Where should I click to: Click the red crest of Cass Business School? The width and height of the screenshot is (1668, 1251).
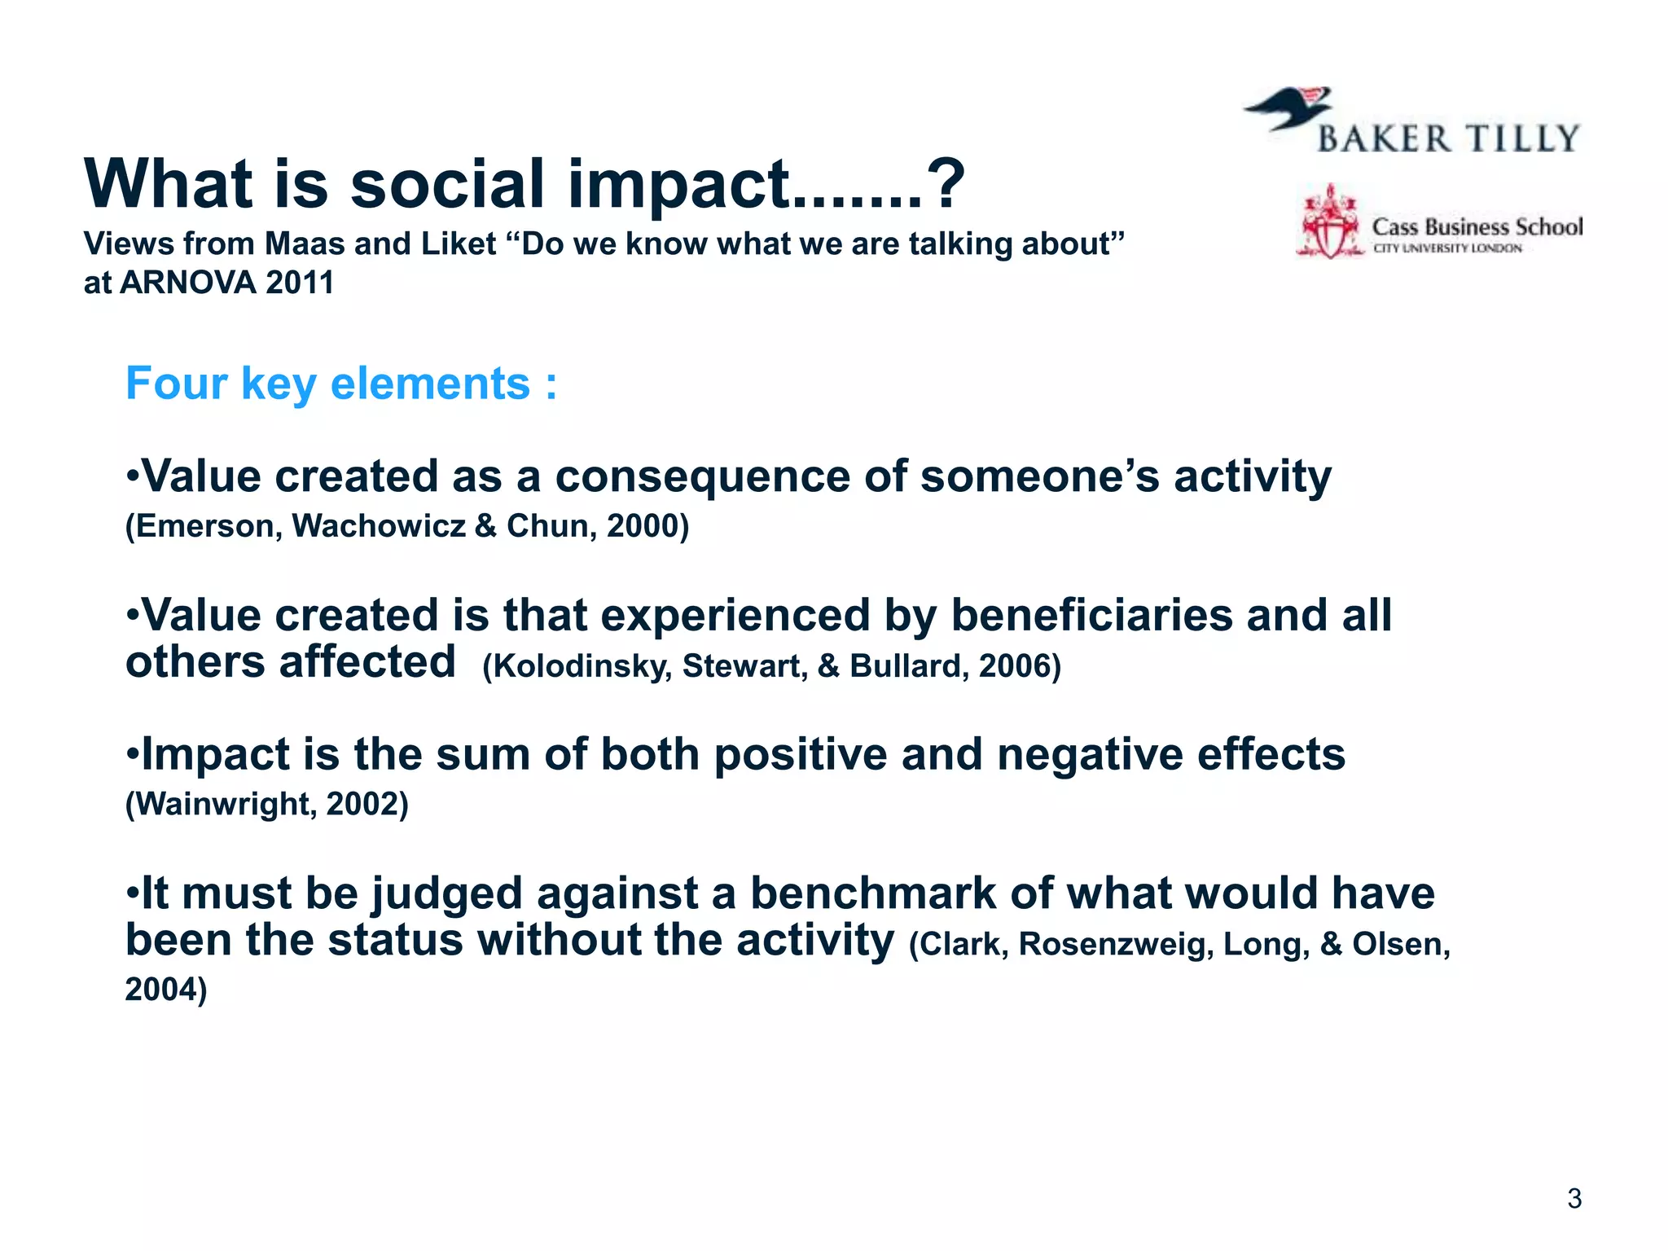pyautogui.click(x=1329, y=222)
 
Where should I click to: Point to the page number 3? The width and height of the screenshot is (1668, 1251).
pyautogui.click(x=1574, y=1199)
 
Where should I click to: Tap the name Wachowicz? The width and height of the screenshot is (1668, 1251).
pyautogui.click(x=379, y=526)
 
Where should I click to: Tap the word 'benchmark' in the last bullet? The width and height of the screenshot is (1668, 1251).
pyautogui.click(x=872, y=893)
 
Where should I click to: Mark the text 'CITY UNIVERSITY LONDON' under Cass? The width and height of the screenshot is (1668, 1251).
pyautogui.click(x=1447, y=248)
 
